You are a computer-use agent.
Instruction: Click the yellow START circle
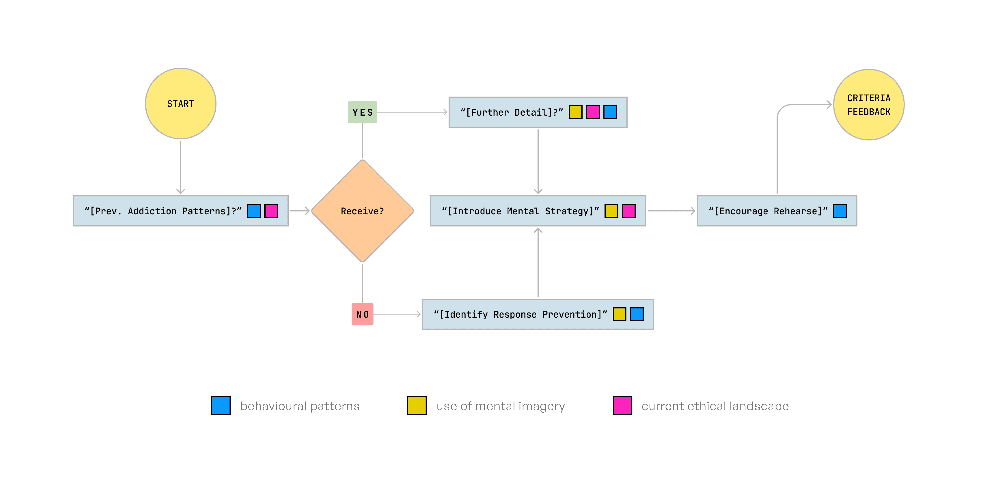tap(180, 104)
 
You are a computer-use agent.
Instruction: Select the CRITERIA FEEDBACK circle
tap(869, 105)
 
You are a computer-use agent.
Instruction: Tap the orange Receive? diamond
tap(362, 211)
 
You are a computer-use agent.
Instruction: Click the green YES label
tap(362, 112)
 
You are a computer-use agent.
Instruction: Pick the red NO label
tap(362, 314)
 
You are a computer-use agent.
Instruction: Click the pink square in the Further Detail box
tap(593, 112)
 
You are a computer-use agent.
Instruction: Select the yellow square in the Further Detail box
tap(575, 112)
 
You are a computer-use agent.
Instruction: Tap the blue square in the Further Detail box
tap(610, 112)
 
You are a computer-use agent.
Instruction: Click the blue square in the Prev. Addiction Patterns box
tap(254, 211)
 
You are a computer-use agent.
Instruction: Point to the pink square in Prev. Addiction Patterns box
tap(271, 211)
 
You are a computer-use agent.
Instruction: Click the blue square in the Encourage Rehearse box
tap(840, 211)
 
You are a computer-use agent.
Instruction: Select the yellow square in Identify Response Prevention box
tap(619, 314)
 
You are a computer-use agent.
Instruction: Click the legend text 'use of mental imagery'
tap(501, 406)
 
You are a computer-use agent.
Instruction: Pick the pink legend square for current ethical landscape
tap(622, 405)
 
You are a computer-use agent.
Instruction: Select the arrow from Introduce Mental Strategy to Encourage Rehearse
tap(671, 211)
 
